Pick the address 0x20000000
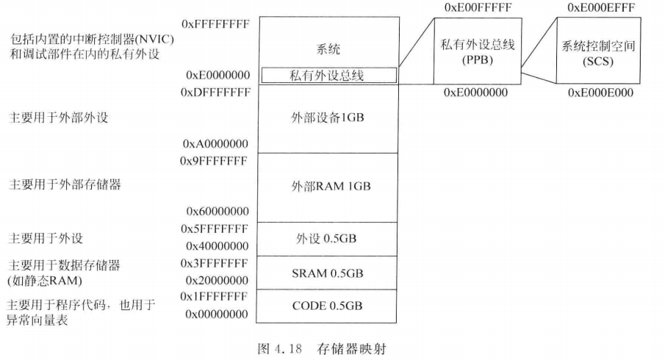pyautogui.click(x=218, y=279)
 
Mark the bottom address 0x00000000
pyautogui.click(x=218, y=314)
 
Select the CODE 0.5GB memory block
pyautogui.click(x=327, y=306)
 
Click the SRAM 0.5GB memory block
pyautogui.click(x=327, y=273)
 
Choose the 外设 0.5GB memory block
pyautogui.click(x=327, y=239)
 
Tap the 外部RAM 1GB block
pyautogui.click(x=327, y=187)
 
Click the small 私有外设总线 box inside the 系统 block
pyautogui.click(x=328, y=74)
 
